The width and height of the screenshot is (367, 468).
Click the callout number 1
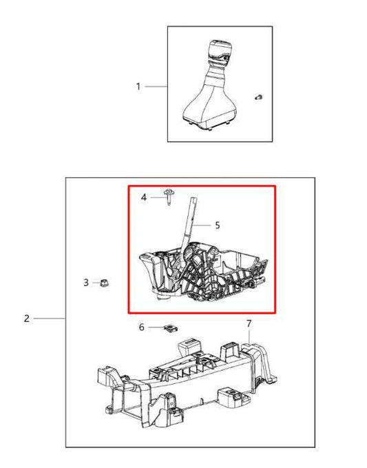coord(138,87)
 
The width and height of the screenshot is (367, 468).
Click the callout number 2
coord(27,318)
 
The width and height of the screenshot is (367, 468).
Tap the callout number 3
coord(86,283)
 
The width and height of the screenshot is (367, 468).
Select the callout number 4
coord(144,197)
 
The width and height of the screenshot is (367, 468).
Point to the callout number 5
coord(218,225)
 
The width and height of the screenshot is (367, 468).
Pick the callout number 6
coord(142,327)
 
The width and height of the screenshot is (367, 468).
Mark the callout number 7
coord(249,323)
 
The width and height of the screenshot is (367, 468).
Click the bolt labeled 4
coord(169,197)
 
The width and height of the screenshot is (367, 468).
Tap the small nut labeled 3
coord(104,283)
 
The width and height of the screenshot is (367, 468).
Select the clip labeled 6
coord(171,327)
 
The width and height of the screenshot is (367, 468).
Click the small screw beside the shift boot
coord(258,97)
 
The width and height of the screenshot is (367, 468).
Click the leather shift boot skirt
coord(209,108)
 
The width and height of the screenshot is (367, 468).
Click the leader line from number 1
coord(156,87)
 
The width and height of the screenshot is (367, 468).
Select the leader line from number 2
coord(49,318)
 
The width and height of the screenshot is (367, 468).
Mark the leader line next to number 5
coord(201,225)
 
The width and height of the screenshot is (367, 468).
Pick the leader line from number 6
coord(156,327)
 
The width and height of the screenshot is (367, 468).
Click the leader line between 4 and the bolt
coord(158,197)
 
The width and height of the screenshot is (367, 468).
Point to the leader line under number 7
coord(249,336)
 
